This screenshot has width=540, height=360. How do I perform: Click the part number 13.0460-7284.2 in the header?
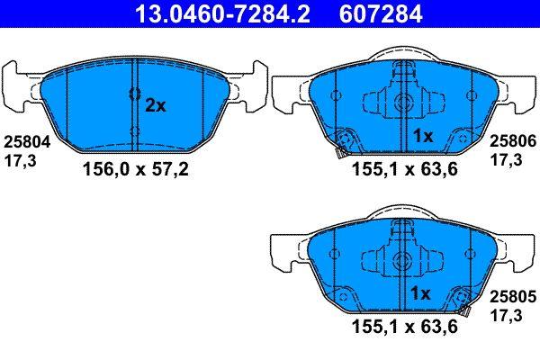[222, 13]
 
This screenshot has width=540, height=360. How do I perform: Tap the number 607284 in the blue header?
[381, 13]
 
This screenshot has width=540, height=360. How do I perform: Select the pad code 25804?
[27, 142]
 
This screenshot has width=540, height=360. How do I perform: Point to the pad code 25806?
[513, 141]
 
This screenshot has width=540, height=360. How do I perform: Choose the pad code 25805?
[513, 297]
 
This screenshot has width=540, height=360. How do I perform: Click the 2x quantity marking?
[156, 105]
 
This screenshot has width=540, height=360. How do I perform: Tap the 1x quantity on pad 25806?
[423, 136]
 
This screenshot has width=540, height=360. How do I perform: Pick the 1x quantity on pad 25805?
[420, 293]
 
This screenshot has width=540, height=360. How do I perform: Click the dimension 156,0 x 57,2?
[136, 169]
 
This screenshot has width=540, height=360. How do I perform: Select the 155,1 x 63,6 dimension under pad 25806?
[405, 169]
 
